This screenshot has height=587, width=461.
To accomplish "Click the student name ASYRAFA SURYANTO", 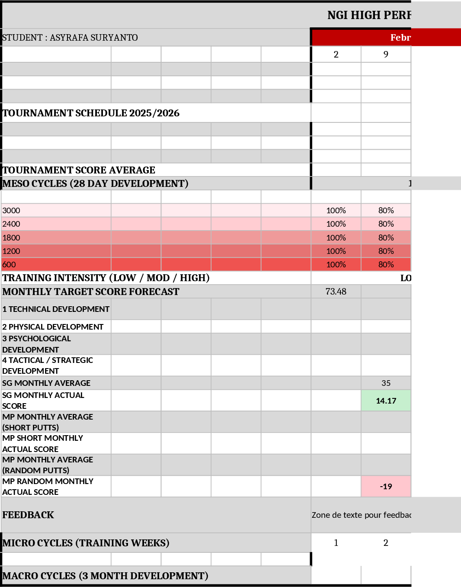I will [x=93, y=38].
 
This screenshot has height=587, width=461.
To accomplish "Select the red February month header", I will [x=386, y=38].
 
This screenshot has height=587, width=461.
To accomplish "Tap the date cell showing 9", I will [x=386, y=55].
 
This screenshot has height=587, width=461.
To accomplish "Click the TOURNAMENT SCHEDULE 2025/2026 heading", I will [x=91, y=113].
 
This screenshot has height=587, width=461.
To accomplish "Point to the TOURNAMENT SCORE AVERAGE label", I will [x=79, y=170].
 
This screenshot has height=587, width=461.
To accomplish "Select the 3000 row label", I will [x=11, y=211].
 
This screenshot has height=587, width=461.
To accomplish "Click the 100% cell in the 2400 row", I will [x=336, y=224].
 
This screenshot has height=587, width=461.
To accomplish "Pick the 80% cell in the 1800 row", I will [x=386, y=237].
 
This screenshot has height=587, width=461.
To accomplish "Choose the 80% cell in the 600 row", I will [x=386, y=264].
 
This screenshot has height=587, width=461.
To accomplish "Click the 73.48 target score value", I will [x=336, y=292].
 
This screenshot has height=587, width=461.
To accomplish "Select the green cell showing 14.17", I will [x=386, y=401].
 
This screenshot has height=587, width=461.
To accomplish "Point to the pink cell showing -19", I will [x=386, y=487].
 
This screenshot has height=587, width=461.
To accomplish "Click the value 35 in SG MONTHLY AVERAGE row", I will [x=386, y=383].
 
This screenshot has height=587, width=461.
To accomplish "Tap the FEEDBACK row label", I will [x=28, y=515].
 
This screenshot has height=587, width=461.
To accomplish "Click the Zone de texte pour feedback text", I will [x=361, y=515].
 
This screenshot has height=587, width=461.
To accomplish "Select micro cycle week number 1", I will [x=336, y=543].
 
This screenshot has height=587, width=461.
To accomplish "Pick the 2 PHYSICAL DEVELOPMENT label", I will [x=53, y=327].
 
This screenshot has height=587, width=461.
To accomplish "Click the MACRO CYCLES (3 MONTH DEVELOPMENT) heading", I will [x=105, y=576].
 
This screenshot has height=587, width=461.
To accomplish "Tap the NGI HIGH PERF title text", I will [x=369, y=16].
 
